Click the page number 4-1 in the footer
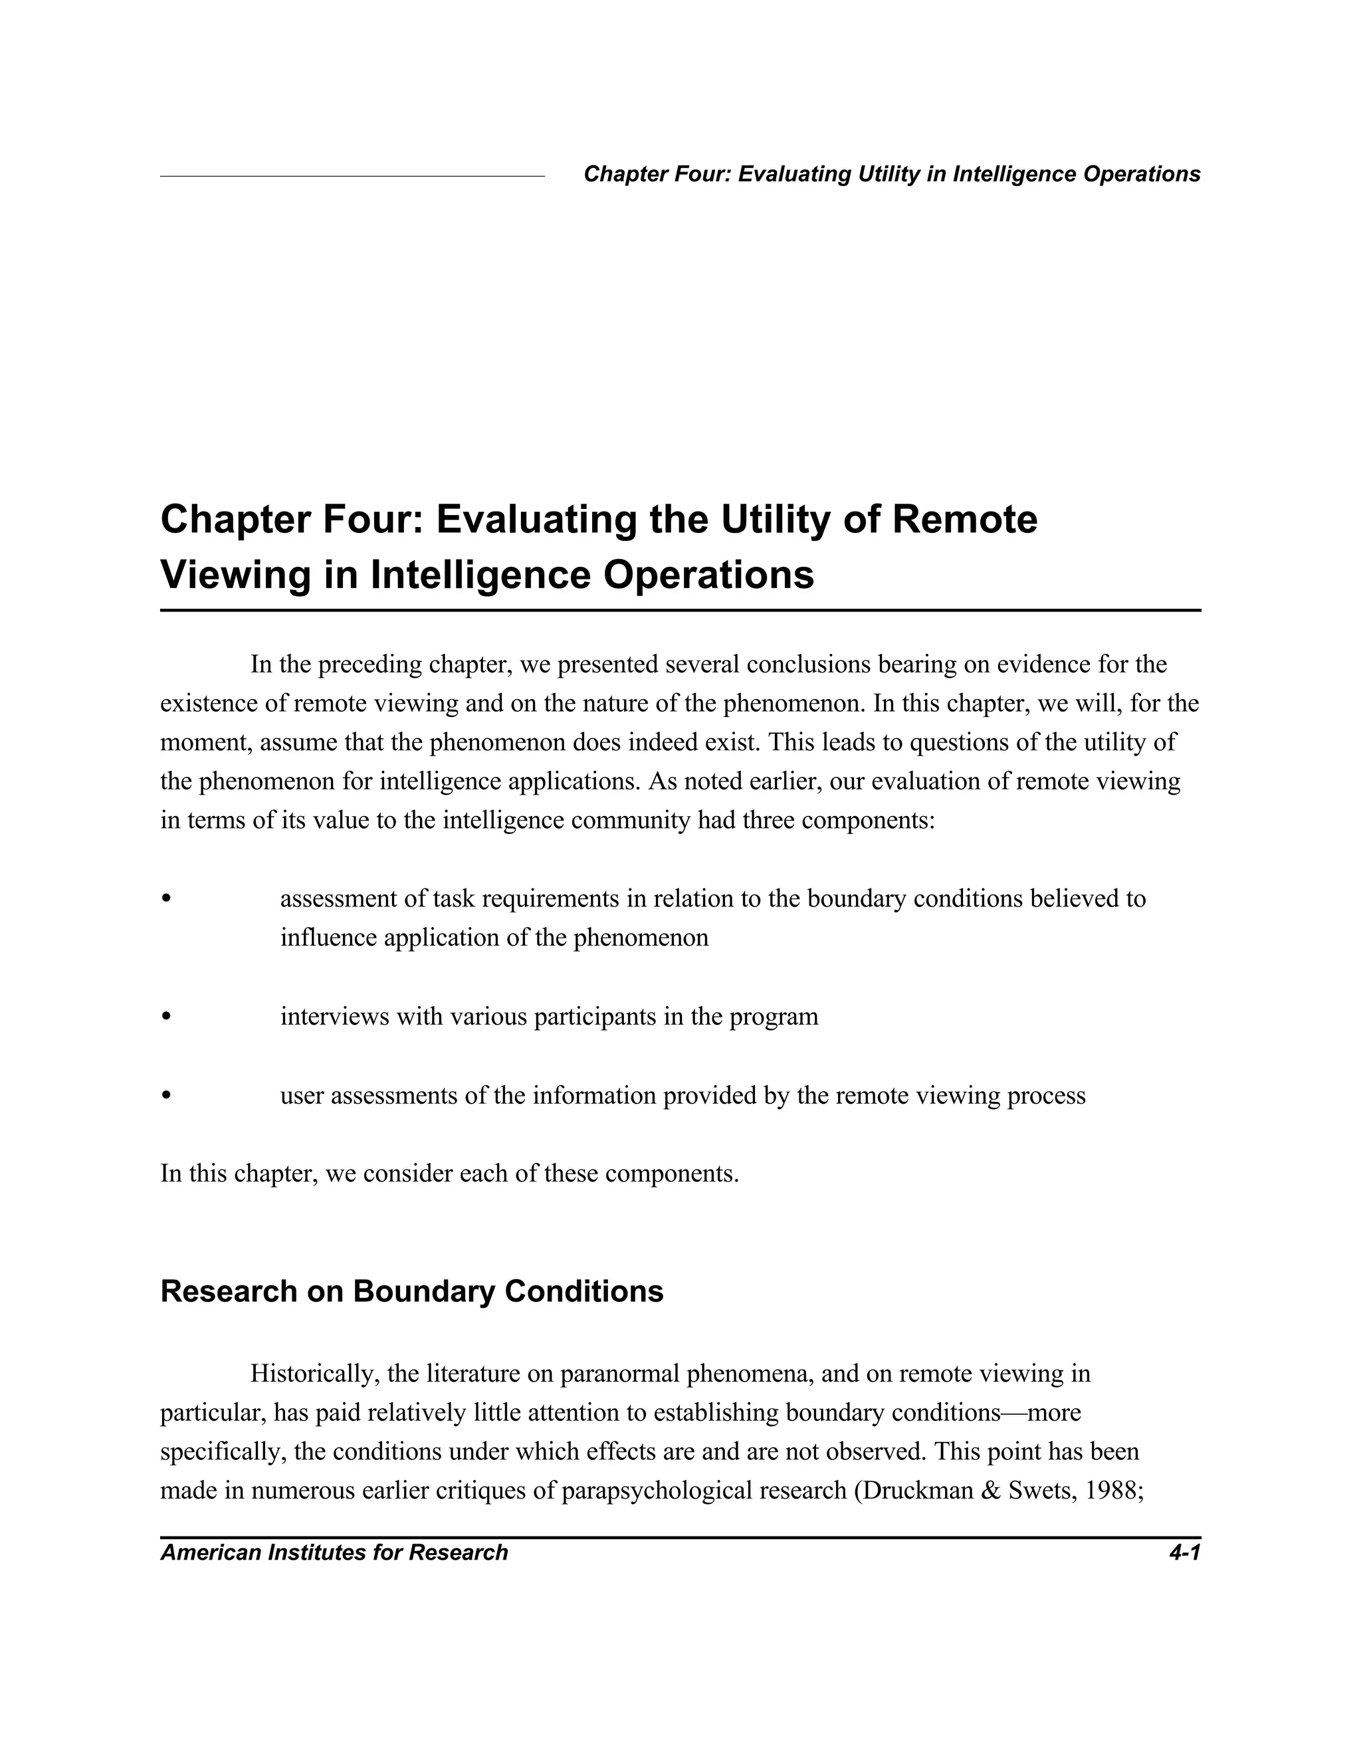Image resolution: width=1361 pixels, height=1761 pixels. (x=1184, y=1552)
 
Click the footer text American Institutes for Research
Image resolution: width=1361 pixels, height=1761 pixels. (x=334, y=1552)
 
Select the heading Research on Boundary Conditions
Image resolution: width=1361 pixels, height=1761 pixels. (x=411, y=1291)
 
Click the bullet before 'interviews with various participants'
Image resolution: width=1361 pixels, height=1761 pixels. (x=166, y=1017)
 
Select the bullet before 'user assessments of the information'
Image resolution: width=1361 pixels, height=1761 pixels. (x=166, y=1096)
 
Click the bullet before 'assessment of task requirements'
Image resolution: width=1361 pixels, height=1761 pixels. (x=166, y=898)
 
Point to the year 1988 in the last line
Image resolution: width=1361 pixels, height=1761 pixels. (x=1115, y=1490)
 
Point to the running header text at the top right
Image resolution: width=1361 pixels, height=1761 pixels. (x=892, y=174)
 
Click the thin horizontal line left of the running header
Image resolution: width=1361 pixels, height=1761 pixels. (x=352, y=176)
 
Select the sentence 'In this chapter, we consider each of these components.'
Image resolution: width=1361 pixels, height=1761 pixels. (x=449, y=1173)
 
